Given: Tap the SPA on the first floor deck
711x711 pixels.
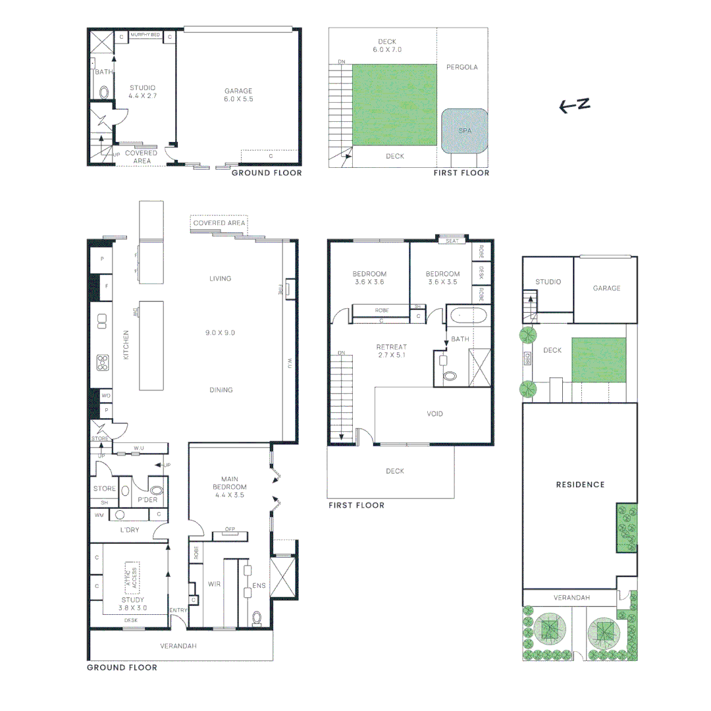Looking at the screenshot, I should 465,131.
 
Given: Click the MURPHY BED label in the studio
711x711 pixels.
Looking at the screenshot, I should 145,35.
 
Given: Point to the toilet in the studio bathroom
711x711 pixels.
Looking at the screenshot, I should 103,92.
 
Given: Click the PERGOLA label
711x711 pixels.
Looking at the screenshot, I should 461,67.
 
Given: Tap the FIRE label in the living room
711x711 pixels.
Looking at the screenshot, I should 281,290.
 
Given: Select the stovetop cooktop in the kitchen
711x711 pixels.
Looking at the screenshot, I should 103,361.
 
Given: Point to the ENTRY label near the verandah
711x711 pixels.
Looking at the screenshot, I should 178,610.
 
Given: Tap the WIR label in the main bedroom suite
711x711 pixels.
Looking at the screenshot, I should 213,583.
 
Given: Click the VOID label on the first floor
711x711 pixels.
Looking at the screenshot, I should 434,414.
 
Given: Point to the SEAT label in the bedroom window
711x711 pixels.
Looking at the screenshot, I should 452,241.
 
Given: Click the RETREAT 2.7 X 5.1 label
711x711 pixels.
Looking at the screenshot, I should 391,351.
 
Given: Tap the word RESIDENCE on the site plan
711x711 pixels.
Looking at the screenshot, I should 580,485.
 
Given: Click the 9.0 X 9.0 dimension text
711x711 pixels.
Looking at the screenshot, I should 220,333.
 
